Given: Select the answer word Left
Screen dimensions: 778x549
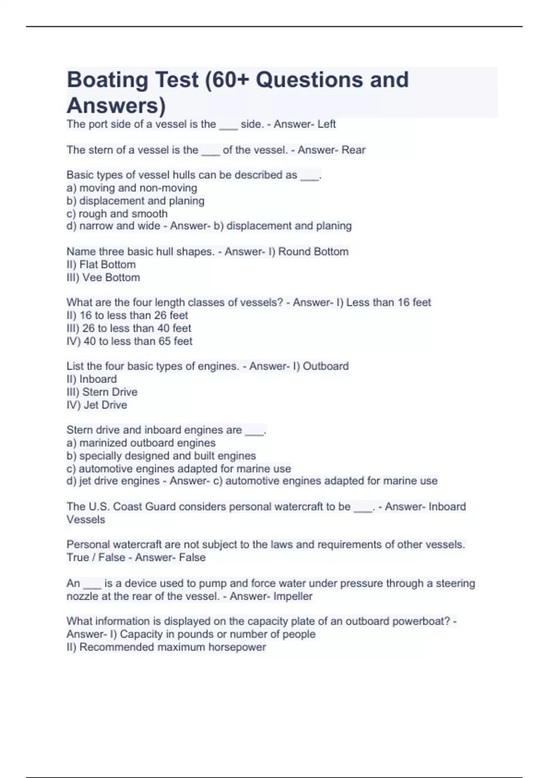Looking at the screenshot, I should click(x=326, y=124).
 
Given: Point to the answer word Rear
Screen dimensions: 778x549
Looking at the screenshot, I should click(x=353, y=150).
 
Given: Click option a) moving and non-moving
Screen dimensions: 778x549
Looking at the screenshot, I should click(x=132, y=188).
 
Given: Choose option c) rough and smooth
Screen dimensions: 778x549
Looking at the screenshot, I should click(x=117, y=214).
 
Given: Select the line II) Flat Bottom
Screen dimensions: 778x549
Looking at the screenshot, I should click(x=101, y=265).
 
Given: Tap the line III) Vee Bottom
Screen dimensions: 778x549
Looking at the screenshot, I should click(x=103, y=277).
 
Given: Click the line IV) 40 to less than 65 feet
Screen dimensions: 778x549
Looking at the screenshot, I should click(x=129, y=341).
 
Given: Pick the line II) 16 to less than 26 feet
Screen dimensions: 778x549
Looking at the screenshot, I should click(x=127, y=315).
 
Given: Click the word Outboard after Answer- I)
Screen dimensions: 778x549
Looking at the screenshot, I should click(x=326, y=366).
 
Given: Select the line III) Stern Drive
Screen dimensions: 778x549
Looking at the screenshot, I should click(x=102, y=392).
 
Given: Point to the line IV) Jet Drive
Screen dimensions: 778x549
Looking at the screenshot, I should click(x=97, y=405).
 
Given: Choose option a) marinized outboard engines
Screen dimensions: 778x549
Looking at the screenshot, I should click(x=141, y=443).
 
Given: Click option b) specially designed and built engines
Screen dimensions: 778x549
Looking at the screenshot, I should click(x=161, y=456).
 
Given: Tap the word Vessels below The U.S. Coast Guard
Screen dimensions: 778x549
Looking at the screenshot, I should click(x=86, y=520).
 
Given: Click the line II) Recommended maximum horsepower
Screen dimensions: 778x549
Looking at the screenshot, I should click(x=166, y=647).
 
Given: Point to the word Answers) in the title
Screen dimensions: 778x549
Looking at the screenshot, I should click(x=116, y=106).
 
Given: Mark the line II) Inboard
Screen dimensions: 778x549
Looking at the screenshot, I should click(x=91, y=379).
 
